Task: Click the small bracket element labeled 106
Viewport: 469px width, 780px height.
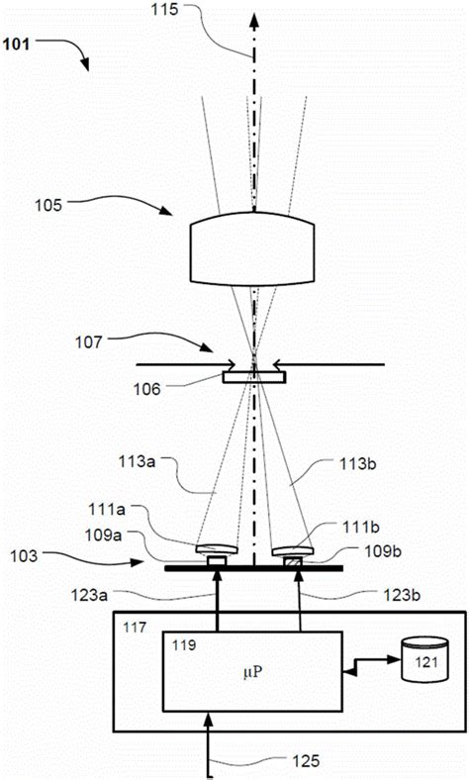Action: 254,376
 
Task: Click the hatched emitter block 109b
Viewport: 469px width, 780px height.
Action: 293,562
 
